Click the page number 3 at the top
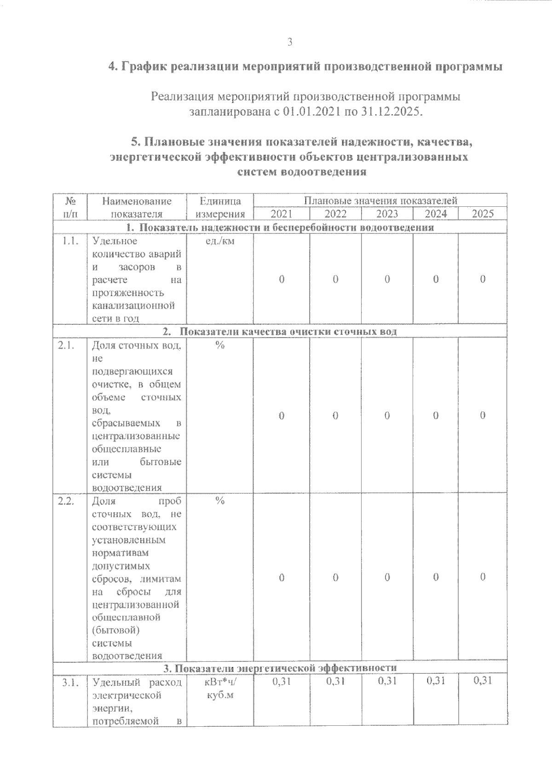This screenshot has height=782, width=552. coord(290,42)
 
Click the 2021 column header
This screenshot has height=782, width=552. coord(281,214)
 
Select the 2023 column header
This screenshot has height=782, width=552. coord(387,214)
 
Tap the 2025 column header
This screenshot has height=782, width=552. coord(483,214)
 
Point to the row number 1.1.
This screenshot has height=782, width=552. coord(69,241)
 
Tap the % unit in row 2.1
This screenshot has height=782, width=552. coord(220,345)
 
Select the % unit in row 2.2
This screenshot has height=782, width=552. coord(220,501)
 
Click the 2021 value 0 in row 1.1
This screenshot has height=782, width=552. coord(282,279)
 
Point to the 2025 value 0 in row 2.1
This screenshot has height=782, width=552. coord(483,415)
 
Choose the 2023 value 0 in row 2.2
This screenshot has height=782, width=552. coord(387,577)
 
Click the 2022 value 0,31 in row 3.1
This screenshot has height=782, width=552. coord(336,681)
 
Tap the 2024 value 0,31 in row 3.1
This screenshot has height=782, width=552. coord(436,681)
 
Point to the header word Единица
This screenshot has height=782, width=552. coord(220,201)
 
